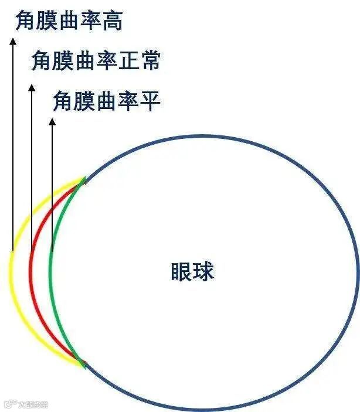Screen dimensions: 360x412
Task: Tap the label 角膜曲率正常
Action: (x=96, y=61)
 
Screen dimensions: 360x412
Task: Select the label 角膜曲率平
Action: (x=106, y=101)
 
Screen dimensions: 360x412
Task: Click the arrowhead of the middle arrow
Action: (x=32, y=87)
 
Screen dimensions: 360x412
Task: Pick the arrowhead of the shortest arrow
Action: (x=52, y=122)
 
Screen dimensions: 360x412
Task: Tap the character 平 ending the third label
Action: (x=150, y=101)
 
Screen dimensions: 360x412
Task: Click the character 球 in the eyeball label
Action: (x=203, y=271)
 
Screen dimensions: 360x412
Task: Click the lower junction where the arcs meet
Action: (x=84, y=364)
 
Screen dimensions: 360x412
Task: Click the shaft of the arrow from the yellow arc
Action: (x=12, y=147)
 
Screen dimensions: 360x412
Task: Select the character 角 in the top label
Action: (x=25, y=22)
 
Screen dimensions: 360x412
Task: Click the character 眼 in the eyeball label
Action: (x=181, y=271)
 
